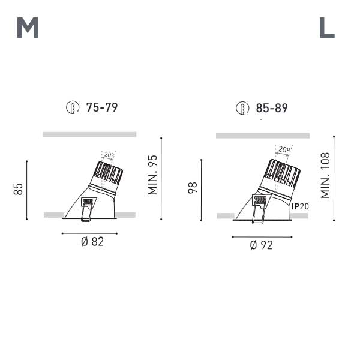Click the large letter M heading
coord(28,28)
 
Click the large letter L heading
coord(327,28)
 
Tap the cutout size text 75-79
coord(102,107)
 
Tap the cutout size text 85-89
coord(272,108)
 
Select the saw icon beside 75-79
coord(73,107)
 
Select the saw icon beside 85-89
coord(242,108)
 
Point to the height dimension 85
coord(18,189)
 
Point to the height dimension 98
coord(193,188)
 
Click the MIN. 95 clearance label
coord(152,175)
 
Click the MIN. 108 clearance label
coord(325,175)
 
